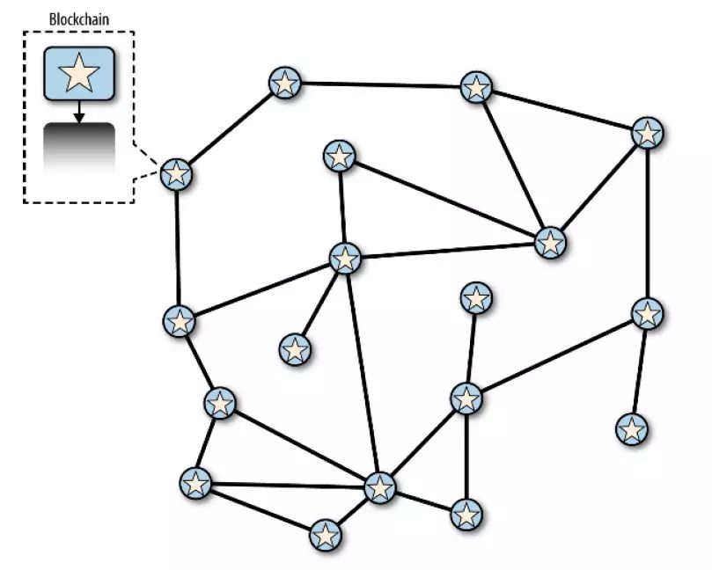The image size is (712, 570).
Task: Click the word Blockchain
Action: (x=78, y=17)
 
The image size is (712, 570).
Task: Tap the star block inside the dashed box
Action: (x=78, y=73)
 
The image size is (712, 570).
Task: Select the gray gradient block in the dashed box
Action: (x=78, y=144)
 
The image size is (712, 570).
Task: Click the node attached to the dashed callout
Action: (x=177, y=173)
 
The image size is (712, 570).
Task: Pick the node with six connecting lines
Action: (x=380, y=486)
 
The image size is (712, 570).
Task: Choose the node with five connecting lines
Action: (x=345, y=259)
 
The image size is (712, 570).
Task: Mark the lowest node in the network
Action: (x=326, y=534)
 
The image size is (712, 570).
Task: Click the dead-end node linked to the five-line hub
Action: (x=296, y=350)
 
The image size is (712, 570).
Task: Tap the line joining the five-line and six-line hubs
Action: (x=363, y=373)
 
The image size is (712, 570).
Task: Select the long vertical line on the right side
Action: (x=648, y=223)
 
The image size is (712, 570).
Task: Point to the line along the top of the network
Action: (x=379, y=85)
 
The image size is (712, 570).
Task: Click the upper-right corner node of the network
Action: (x=648, y=134)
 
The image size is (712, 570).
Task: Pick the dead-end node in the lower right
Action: (x=632, y=429)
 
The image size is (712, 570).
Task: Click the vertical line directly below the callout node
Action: (x=178, y=246)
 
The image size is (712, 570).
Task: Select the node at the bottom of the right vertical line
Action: (x=648, y=313)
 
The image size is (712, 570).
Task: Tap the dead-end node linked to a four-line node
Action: (x=475, y=298)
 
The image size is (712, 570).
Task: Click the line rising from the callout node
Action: (x=230, y=128)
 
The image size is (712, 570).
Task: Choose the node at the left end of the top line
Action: (x=284, y=83)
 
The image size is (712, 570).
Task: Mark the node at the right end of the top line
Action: (x=476, y=87)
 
